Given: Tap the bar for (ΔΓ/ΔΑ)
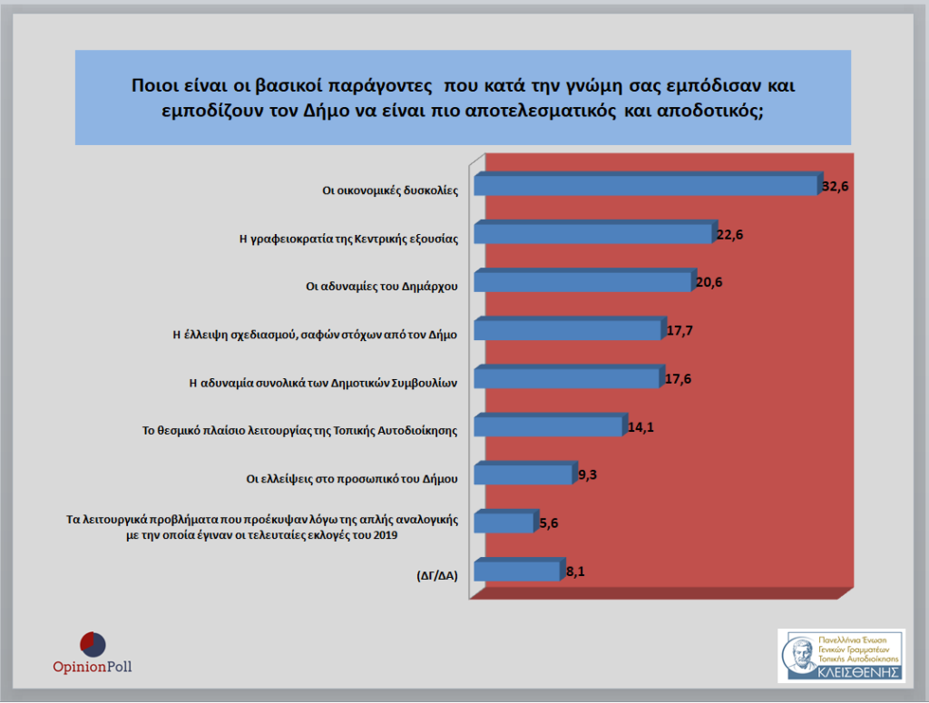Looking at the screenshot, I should point(516,571).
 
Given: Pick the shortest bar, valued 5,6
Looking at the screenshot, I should point(504,522).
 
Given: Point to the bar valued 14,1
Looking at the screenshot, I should point(549,426).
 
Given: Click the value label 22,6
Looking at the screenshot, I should point(730,235).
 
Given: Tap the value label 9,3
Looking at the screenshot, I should point(588,474).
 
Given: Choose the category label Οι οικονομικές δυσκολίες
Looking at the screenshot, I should point(391,190).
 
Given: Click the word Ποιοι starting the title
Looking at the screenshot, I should point(155,86).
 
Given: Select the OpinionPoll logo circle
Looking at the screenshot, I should point(92,644).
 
